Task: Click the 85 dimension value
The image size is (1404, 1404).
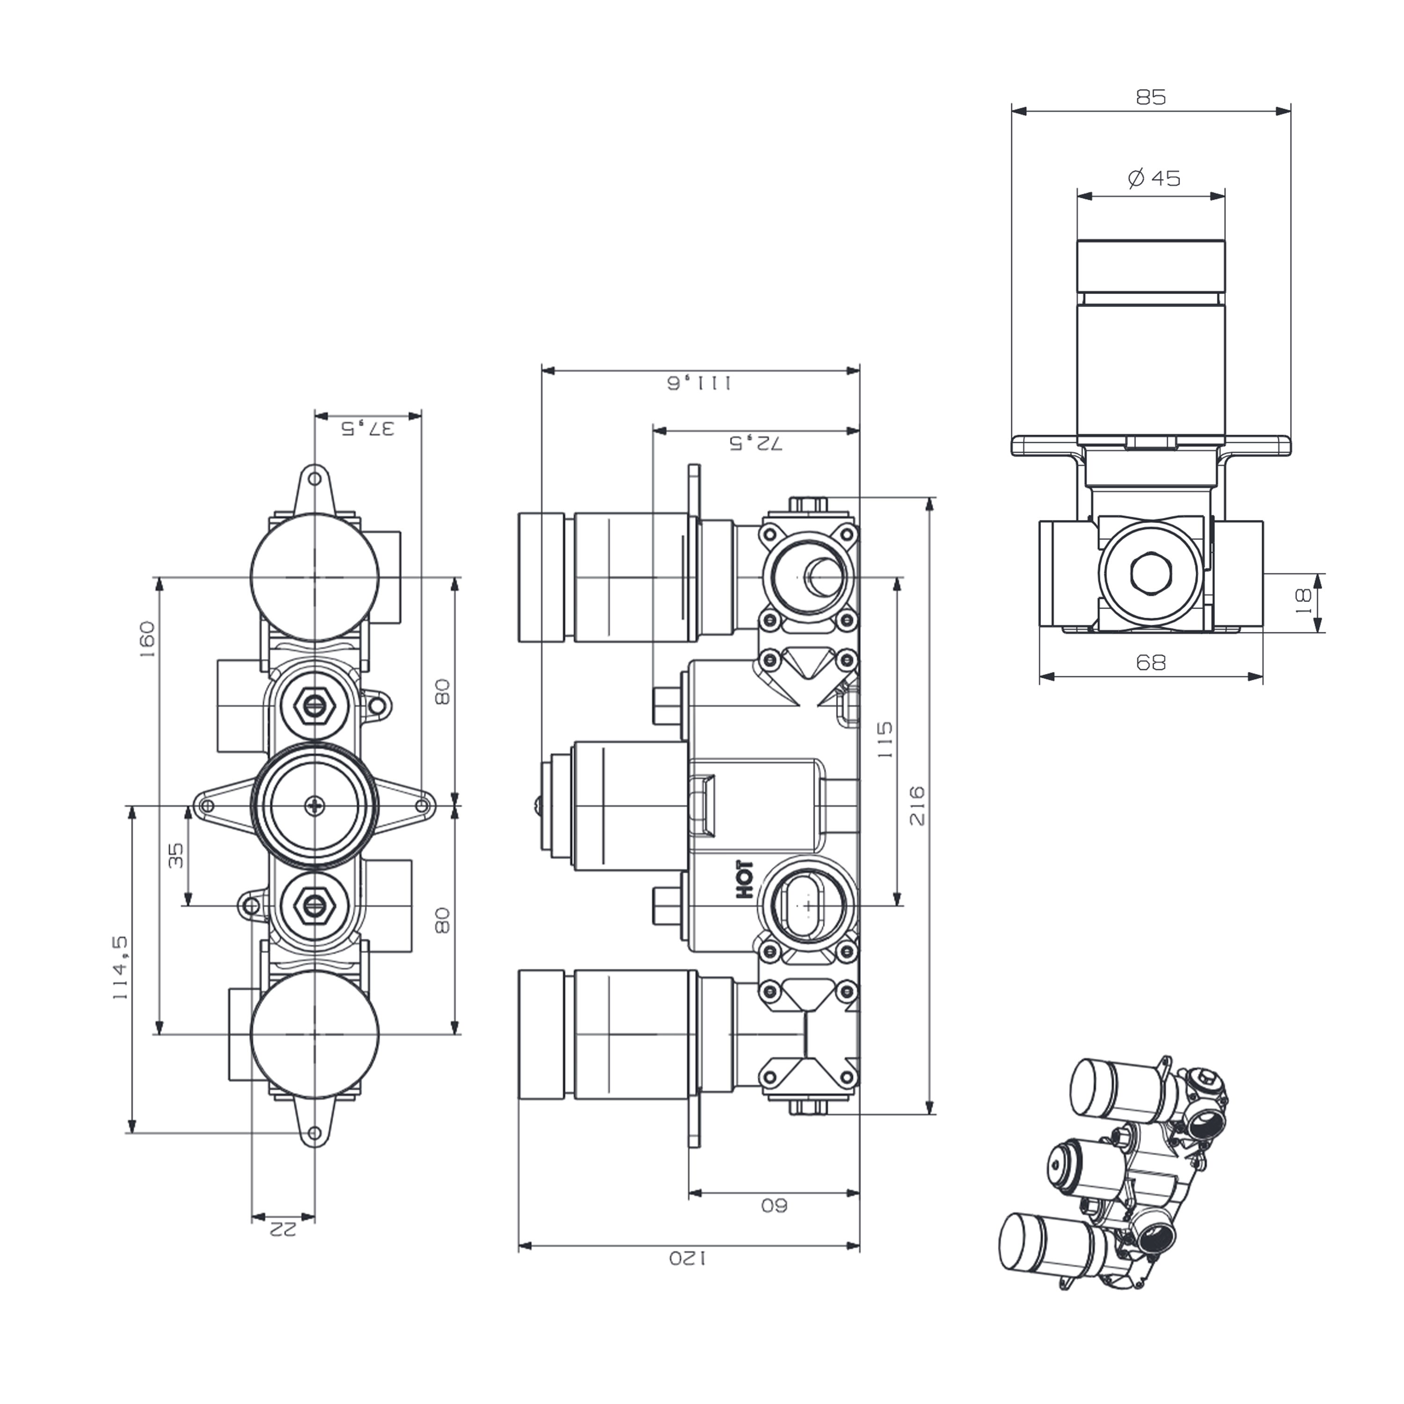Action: [1150, 97]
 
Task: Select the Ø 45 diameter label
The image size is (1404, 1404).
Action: [1154, 178]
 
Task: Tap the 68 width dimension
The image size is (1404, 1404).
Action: [1150, 662]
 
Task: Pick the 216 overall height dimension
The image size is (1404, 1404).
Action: [917, 805]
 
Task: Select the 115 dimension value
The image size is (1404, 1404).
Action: [885, 740]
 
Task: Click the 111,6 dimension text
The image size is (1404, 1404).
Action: [700, 383]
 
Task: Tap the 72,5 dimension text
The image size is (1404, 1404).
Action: [756, 443]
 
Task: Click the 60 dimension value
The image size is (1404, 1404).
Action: [774, 1206]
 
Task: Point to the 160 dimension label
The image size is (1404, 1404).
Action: [147, 639]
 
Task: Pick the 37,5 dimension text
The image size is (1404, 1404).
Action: [368, 428]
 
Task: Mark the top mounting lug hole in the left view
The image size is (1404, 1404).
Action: [314, 479]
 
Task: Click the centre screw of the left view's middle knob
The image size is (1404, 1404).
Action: [314, 805]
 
